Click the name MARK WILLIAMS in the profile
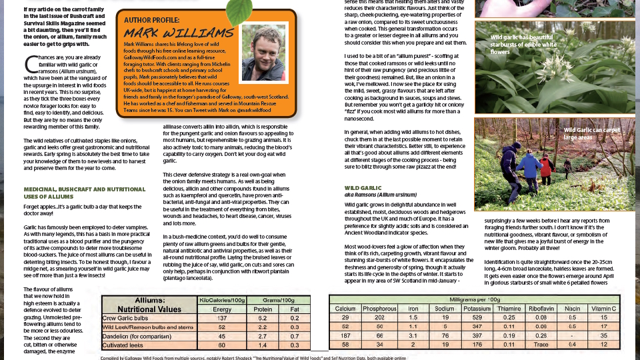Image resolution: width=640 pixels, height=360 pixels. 178,33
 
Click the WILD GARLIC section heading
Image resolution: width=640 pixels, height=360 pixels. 363,189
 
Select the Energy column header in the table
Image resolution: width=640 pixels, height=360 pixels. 223,309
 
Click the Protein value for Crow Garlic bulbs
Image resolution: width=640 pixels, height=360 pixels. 263,318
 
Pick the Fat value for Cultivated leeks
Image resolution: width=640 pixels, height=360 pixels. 295,345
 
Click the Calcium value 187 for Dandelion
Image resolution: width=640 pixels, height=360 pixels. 345,336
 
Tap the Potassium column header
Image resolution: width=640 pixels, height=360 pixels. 477,309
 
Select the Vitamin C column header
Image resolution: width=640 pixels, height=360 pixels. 603,309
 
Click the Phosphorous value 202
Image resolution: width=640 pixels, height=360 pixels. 379,318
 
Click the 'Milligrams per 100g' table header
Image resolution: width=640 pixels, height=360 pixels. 475,300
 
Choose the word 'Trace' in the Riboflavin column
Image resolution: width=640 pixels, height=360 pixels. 539,345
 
